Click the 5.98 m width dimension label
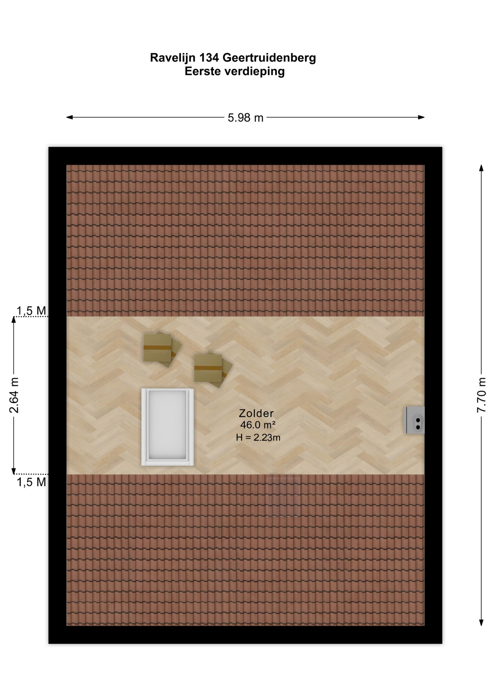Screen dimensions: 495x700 pyautogui.click(x=245, y=118)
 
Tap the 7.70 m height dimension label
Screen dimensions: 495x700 pyautogui.click(x=482, y=395)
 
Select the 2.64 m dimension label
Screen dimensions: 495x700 pyautogui.click(x=14, y=395)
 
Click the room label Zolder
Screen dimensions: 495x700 pyautogui.click(x=256, y=413)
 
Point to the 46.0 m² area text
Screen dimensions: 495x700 pyautogui.click(x=258, y=425)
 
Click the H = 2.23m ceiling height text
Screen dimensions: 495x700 pyautogui.click(x=258, y=437)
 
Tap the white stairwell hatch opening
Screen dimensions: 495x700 pyautogui.click(x=168, y=427)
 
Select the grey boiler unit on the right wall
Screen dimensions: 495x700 pyautogui.click(x=416, y=420)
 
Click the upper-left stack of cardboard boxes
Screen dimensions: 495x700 pyautogui.click(x=162, y=349)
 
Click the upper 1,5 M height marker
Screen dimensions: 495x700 pyautogui.click(x=31, y=311)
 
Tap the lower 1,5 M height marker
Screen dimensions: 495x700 pyautogui.click(x=31, y=482)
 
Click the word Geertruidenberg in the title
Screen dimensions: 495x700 pyautogui.click(x=269, y=58)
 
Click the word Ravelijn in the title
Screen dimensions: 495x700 pyautogui.click(x=173, y=58)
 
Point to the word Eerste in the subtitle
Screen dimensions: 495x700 pyautogui.click(x=203, y=71)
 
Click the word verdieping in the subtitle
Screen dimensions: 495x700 pyautogui.click(x=254, y=71)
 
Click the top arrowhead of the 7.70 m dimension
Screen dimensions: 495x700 pyautogui.click(x=481, y=168)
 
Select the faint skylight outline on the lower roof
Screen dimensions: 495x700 pyautogui.click(x=283, y=496)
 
